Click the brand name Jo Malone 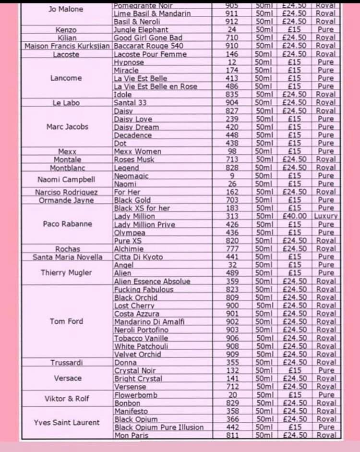pos(66,9)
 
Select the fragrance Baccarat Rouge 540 pos(148,46)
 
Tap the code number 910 pos(231,46)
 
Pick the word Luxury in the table pos(326,216)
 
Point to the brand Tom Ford pos(66,321)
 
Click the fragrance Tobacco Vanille pos(141,338)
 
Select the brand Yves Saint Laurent pos(67,423)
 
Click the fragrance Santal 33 pos(130,103)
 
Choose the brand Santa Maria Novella pos(68,257)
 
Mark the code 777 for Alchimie pos(231,249)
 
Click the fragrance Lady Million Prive pos(144,224)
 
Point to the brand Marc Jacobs pos(67,127)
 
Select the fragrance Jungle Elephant pos(141,30)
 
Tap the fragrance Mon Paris pos(131,436)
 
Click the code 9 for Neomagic pos(231,176)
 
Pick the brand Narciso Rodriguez pos(67,192)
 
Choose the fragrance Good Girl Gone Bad pos(148,38)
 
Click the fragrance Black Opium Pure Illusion pos(158,428)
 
